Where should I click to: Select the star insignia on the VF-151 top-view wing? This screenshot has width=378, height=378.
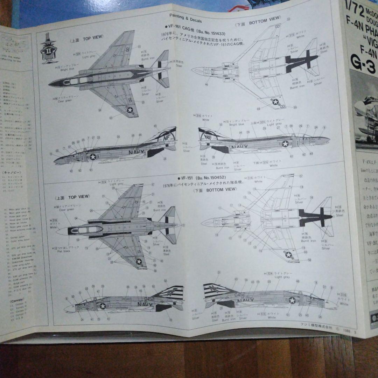[x=139, y=261]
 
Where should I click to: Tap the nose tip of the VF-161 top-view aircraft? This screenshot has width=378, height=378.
[x=50, y=84]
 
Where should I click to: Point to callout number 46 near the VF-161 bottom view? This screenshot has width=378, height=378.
[x=207, y=84]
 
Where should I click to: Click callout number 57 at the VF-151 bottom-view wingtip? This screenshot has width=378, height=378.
[x=301, y=176]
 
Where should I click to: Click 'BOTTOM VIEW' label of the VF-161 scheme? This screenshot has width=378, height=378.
[x=264, y=21]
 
